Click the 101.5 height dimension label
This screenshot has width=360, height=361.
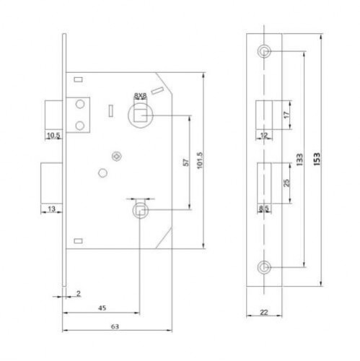point(200,160)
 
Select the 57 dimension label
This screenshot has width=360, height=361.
point(186,162)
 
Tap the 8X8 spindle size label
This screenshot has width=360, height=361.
point(140,96)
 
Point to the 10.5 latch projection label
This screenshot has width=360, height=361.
point(53,136)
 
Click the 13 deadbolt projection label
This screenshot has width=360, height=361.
point(52,209)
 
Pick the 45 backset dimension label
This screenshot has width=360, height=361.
point(102,308)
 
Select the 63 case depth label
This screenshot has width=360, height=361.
point(115,326)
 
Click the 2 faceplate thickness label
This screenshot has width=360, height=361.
point(79,293)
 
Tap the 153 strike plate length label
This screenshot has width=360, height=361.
point(317,159)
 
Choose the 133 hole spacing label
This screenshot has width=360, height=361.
point(299,160)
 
